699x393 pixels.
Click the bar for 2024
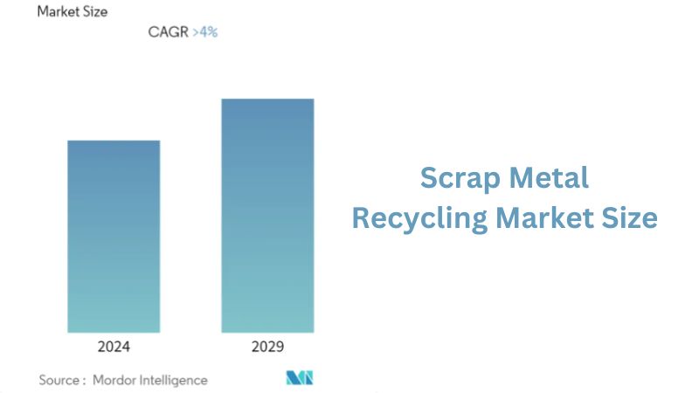point(114,236)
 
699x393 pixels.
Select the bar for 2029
point(267,215)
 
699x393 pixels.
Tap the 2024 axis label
point(114,347)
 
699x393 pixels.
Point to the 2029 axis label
point(267,347)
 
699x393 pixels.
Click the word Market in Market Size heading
point(59,12)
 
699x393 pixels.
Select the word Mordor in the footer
point(115,380)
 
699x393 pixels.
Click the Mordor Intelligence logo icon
point(300,378)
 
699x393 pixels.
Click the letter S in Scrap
point(428,178)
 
